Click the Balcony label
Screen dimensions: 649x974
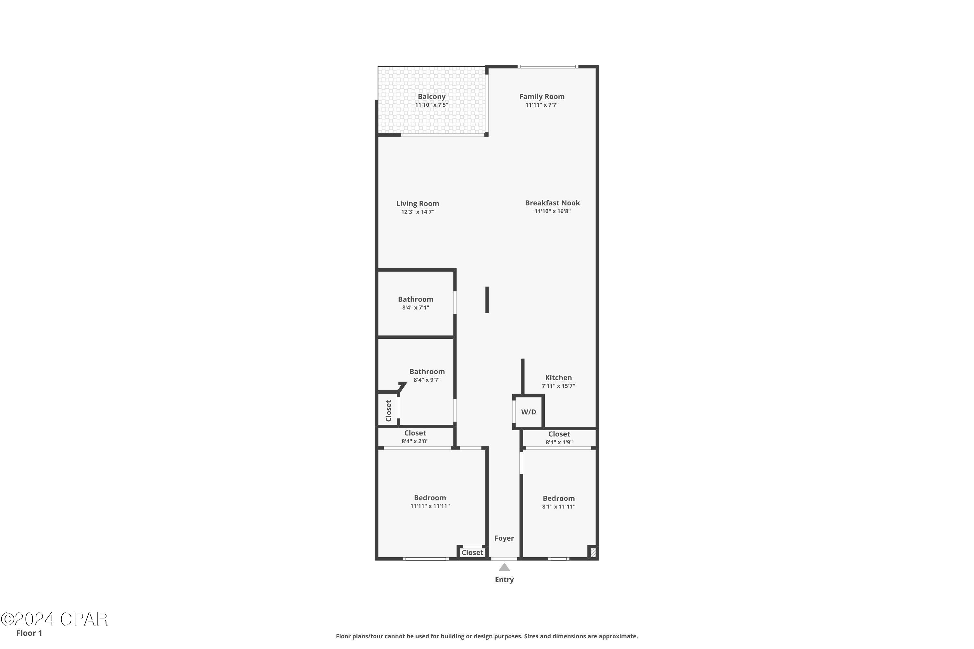(431, 97)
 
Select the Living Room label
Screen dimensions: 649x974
(418, 204)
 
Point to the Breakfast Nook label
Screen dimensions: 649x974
(553, 203)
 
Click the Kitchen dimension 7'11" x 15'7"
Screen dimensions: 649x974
(558, 386)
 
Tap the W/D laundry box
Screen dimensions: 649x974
(529, 412)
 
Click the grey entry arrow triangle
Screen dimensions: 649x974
(504, 568)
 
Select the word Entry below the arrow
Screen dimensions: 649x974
(504, 580)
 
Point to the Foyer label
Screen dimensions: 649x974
(504, 538)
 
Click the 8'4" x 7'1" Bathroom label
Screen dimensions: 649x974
(416, 299)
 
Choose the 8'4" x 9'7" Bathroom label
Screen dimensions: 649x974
(427, 372)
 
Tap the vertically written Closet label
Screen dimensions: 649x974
(388, 410)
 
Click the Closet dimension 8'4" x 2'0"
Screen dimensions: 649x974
(415, 441)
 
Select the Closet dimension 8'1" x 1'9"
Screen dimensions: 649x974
(559, 442)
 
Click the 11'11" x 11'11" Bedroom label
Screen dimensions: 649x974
(430, 498)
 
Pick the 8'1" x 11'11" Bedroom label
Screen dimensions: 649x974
(559, 498)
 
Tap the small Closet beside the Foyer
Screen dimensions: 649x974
(472, 553)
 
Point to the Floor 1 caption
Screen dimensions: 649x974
(29, 633)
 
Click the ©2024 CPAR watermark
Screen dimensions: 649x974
(54, 619)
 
